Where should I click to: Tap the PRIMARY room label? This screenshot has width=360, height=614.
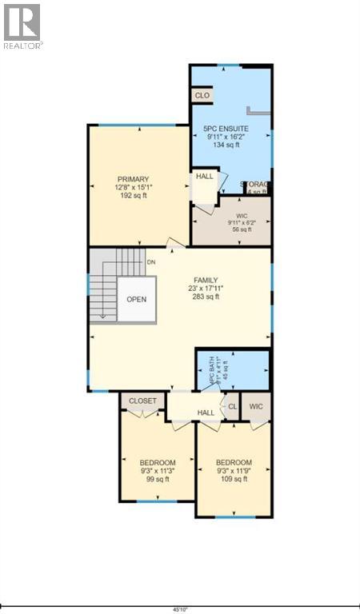133,179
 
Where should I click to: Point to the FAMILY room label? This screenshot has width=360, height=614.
206,280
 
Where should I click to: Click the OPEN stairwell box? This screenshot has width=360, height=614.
135,300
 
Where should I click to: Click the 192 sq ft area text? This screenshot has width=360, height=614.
133,196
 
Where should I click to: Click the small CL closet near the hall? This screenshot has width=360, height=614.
232,405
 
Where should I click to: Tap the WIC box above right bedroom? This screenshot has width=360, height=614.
256,405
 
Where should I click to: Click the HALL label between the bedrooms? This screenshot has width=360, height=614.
206,413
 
